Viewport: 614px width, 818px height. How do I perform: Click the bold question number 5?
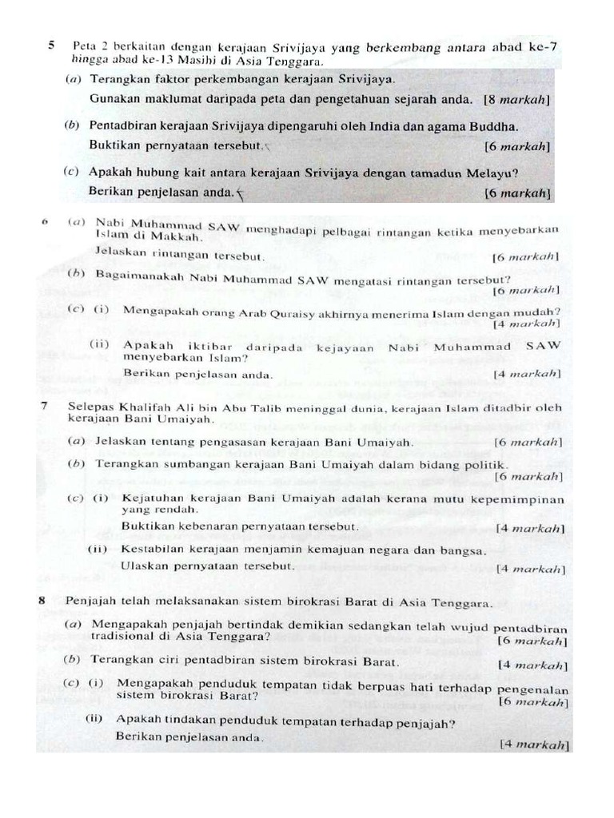point(52,46)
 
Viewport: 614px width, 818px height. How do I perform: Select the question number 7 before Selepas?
point(43,407)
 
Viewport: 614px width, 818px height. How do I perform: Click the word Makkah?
point(180,236)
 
